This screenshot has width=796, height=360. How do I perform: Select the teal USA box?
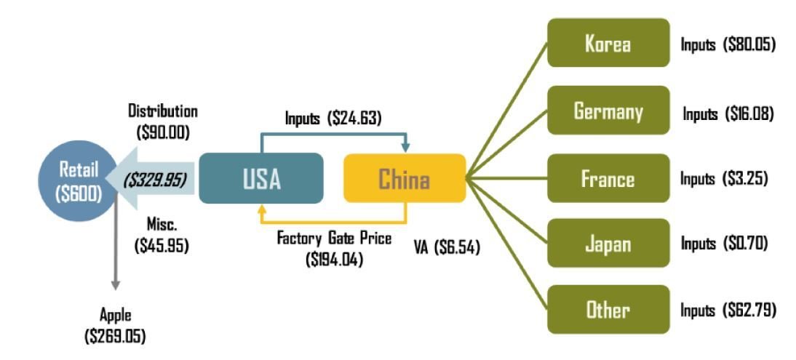click(x=260, y=178)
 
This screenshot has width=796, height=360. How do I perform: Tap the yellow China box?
click(x=404, y=178)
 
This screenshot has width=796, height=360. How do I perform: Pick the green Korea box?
click(x=608, y=44)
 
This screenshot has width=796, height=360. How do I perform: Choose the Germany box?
click(x=608, y=111)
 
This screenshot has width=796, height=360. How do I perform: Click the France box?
click(x=608, y=178)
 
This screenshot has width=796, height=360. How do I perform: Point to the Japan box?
click(x=608, y=243)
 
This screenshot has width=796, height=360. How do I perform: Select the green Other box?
click(x=608, y=310)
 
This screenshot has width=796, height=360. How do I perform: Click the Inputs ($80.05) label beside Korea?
click(x=728, y=44)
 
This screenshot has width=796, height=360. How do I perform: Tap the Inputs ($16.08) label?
click(x=728, y=113)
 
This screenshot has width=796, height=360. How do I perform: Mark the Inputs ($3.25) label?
click(x=724, y=179)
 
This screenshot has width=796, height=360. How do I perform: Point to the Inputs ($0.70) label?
click(x=724, y=243)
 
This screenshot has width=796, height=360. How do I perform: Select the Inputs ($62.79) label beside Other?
click(x=728, y=311)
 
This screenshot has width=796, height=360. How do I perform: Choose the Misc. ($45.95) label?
click(x=162, y=235)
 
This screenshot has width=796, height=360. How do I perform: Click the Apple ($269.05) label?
click(x=116, y=326)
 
